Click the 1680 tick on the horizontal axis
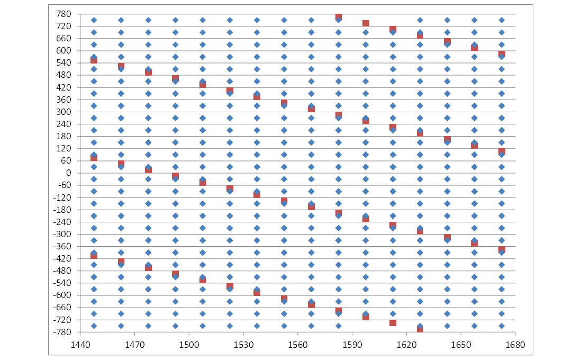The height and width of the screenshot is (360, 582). click(515, 344)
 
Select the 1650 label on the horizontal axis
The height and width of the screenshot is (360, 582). click(460, 344)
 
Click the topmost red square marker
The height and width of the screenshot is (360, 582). click(339, 17)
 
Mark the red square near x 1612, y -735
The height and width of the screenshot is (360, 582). click(393, 323)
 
